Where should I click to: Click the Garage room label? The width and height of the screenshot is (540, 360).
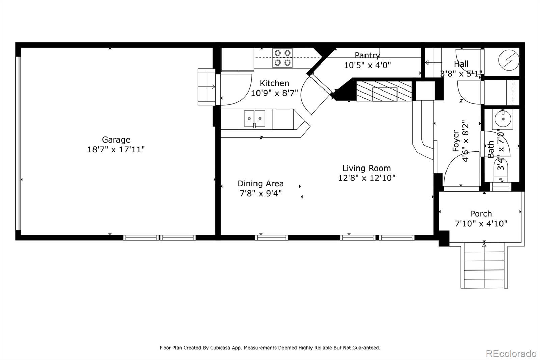coord(116,139)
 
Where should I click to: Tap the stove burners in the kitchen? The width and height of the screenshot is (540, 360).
coord(282,58)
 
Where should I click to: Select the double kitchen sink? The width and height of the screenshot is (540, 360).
coord(254,119)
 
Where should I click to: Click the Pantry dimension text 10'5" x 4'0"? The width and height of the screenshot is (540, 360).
coord(367,65)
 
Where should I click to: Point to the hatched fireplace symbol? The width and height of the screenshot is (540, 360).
coord(384,91)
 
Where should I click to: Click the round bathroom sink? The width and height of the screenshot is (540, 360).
coord(503,119)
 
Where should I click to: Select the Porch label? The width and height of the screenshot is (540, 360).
coord(481,214)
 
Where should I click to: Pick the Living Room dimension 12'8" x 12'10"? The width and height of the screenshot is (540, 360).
coord(367,178)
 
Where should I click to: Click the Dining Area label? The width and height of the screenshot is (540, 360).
coord(261,183)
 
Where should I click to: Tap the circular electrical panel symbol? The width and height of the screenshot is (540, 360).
coord(509,59)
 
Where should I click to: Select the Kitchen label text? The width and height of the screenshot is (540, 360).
coord(274,83)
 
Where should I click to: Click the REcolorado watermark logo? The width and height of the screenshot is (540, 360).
coord(511,353)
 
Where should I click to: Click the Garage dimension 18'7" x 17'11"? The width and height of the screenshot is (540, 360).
coord(116,149)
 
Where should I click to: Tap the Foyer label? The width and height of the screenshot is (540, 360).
coord(456,141)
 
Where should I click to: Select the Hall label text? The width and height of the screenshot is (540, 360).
coord(461,64)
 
